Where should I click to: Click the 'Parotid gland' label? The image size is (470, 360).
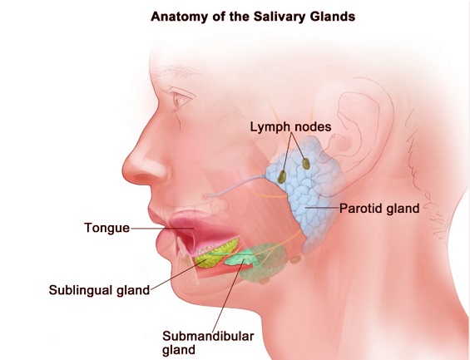point(379,209)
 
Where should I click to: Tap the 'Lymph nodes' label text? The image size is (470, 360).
point(291,126)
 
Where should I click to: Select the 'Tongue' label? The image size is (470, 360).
point(107,228)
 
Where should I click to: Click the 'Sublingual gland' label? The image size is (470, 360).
point(99,290)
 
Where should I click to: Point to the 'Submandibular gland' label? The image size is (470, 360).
point(208,343)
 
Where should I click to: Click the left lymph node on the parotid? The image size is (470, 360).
point(281,177)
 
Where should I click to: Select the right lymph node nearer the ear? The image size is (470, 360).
point(306,164)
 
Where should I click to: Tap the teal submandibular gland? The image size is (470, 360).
point(241,258)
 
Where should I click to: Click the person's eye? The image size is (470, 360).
point(180,100)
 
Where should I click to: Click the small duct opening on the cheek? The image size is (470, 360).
point(205,196)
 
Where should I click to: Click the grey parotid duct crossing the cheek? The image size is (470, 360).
point(237,186)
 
